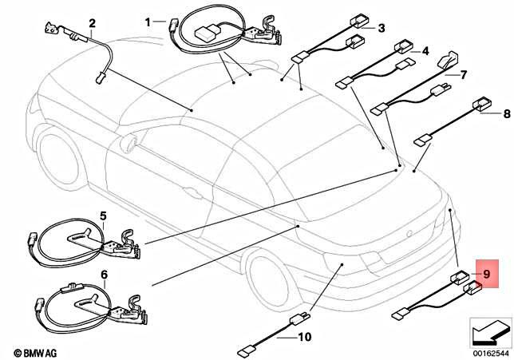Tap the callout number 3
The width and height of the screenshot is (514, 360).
381,29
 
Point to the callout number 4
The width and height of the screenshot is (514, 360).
425,51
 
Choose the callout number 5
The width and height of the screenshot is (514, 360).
103,216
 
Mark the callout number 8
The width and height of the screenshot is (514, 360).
504,114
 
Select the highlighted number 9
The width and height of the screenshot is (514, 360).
484,274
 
